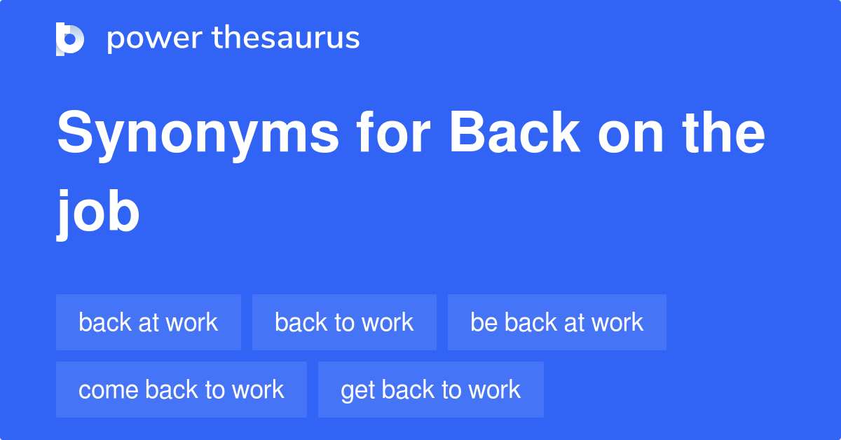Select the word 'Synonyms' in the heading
click(198, 135)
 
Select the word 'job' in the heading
click(99, 212)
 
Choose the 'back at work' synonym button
click(149, 322)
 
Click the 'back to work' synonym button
click(344, 322)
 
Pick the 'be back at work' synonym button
click(556, 322)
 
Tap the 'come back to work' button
click(182, 390)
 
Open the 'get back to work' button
click(430, 390)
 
